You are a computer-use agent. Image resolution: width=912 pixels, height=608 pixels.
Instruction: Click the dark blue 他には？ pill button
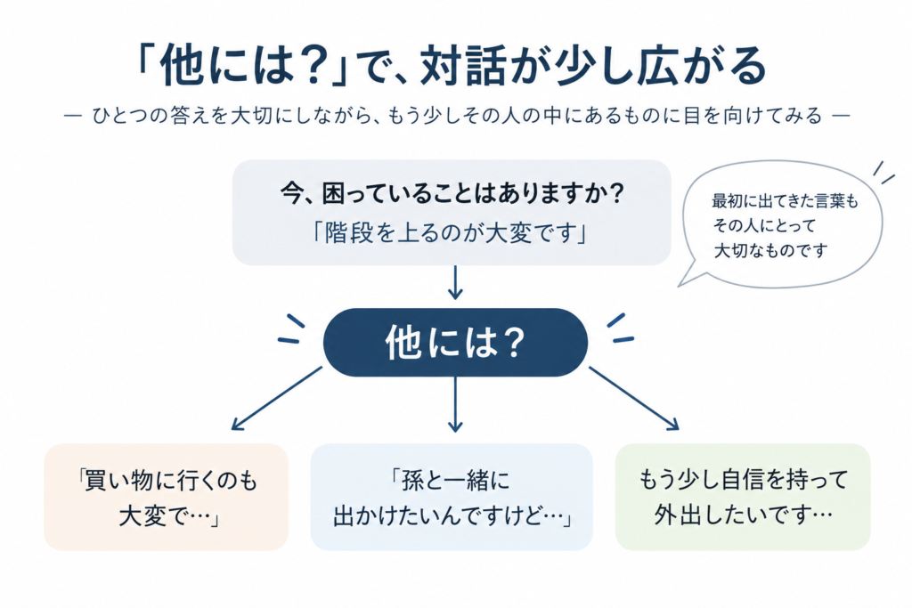[455, 343]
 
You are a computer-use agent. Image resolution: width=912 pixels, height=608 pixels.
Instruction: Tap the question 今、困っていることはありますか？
[452, 192]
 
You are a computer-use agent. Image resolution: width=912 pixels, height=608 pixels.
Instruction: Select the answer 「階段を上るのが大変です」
[451, 233]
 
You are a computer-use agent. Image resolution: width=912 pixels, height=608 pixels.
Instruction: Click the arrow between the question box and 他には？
[455, 282]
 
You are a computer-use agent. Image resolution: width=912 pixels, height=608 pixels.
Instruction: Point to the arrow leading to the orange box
[277, 398]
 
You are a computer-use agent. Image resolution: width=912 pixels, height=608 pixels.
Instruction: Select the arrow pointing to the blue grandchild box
[455, 404]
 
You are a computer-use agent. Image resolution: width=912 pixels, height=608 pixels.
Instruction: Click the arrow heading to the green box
[634, 398]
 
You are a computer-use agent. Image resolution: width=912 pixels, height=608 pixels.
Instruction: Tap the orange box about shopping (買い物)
[167, 497]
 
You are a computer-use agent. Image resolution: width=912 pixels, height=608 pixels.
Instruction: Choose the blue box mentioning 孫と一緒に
[452, 497]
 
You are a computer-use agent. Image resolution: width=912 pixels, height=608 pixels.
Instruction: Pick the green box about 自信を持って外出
[743, 497]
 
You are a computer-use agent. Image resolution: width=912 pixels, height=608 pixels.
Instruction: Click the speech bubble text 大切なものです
[770, 250]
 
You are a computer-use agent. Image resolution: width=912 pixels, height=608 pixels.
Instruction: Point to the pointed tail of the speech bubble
[680, 285]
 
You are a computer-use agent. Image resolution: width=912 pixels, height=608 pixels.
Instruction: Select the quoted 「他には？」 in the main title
[243, 66]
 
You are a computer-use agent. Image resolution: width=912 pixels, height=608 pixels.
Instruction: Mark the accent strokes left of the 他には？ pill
[292, 329]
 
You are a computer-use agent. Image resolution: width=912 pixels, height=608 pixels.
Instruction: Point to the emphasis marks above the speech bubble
[883, 173]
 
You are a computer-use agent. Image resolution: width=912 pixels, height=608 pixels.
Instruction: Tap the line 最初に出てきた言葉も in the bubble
[786, 202]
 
